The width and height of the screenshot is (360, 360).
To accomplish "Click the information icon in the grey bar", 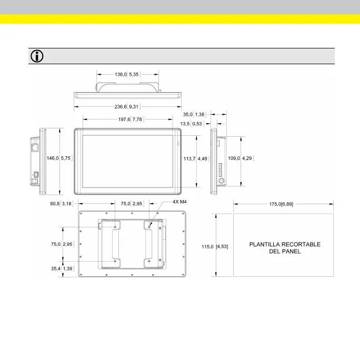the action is (x=37, y=56).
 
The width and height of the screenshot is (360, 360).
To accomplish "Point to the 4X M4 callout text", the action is (x=180, y=202).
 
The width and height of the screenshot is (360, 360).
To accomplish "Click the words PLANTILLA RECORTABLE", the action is (x=284, y=244).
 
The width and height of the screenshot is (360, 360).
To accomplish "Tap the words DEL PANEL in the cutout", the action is (x=284, y=252).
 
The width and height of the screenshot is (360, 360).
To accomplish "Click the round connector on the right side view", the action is (x=222, y=180).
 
